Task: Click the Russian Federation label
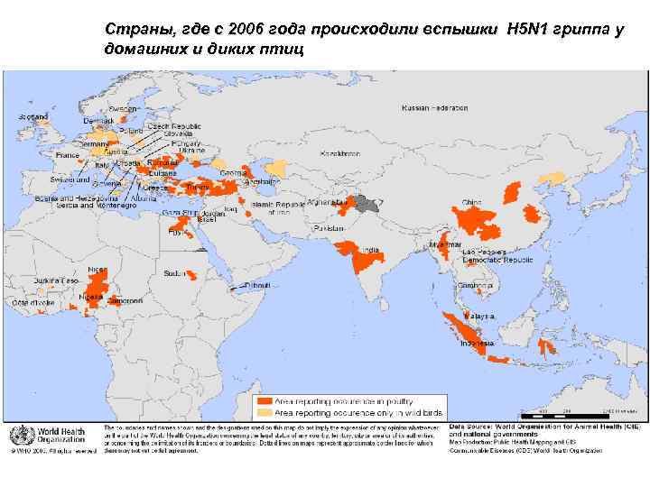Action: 435,107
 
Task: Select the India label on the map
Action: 370,250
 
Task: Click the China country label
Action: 471,202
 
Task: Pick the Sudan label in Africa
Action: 175,272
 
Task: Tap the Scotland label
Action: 33,117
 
